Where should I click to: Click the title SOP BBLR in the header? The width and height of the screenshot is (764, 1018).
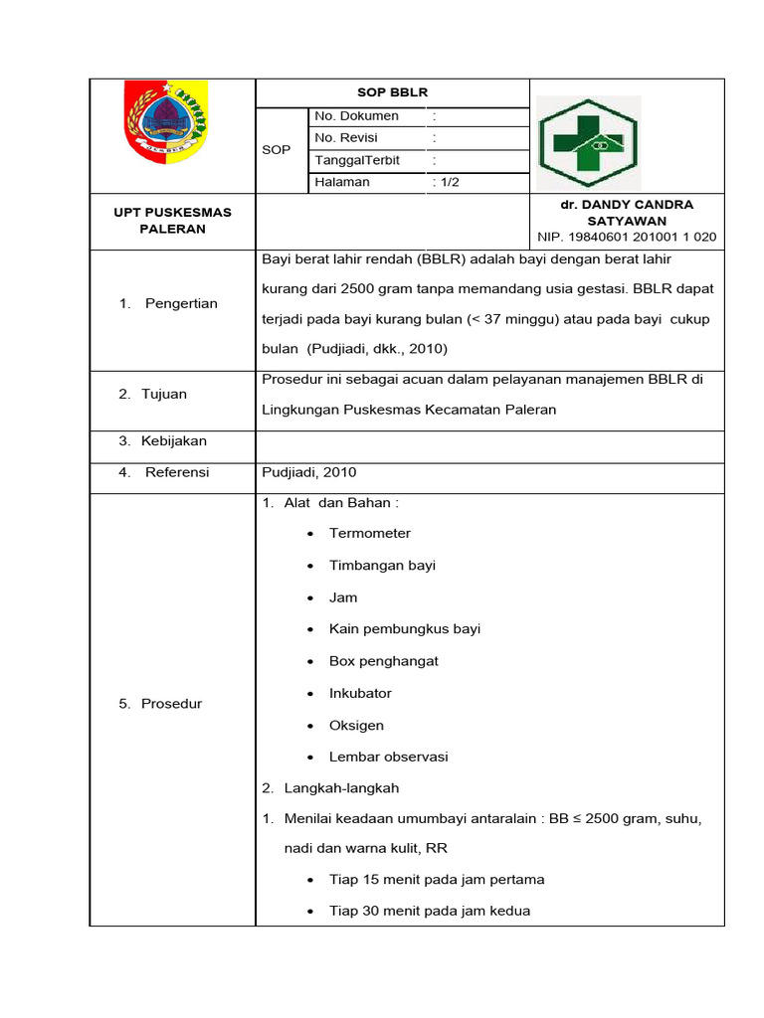coord(392,92)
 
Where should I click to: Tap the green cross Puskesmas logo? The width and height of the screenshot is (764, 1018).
coord(589,143)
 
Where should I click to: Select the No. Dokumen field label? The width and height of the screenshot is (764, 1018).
coord(356,116)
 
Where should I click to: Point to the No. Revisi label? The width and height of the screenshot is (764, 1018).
coord(346,138)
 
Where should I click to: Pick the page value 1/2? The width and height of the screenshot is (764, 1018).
coord(446,182)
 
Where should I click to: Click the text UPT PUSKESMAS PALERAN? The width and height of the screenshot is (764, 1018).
coord(173,221)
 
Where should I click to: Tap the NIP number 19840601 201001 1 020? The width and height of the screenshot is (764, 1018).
coord(626,237)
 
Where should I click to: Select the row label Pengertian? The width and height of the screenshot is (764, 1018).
coord(181,303)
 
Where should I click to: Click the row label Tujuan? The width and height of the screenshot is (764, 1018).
coord(165,394)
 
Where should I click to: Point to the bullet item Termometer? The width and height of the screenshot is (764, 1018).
coord(370,534)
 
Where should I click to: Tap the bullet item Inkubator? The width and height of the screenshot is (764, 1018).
coord(360,693)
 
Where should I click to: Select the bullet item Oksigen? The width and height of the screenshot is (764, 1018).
coord(356,725)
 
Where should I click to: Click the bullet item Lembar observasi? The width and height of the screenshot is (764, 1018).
coord(388,757)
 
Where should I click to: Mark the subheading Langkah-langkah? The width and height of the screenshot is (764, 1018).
coord(341,788)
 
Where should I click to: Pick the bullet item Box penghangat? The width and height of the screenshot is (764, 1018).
coord(383,661)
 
